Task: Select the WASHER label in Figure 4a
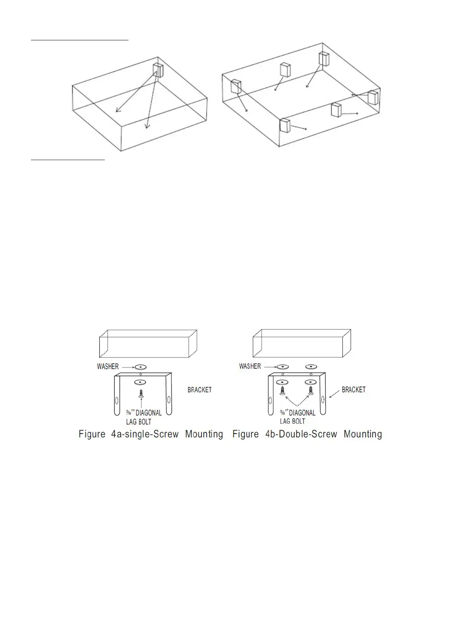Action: tap(107, 367)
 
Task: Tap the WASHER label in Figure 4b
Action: tap(250, 366)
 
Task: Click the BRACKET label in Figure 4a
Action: tap(199, 390)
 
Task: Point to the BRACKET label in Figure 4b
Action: tap(354, 389)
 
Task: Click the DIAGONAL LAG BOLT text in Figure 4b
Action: tap(298, 417)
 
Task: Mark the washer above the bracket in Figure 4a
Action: tap(140, 367)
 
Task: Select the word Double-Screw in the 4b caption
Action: tap(306, 434)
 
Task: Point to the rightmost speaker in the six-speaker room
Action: tap(373, 97)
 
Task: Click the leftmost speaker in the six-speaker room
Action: tap(236, 87)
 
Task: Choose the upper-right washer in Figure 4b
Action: tap(311, 367)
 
